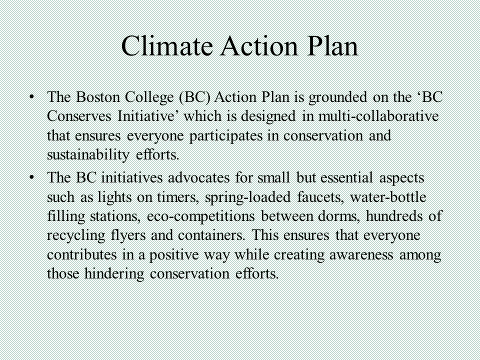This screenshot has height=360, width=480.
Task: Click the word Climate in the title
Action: point(167,46)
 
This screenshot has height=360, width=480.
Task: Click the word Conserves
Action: point(79,116)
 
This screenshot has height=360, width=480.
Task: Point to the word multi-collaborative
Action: point(378,116)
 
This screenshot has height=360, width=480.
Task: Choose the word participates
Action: point(226,136)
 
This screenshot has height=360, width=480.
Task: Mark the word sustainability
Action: point(88,155)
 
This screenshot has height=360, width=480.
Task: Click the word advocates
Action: point(198,177)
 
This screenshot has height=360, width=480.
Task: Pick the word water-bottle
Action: point(388,197)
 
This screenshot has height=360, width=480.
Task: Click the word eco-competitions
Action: point(201,217)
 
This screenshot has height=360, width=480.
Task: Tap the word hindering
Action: point(114,274)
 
